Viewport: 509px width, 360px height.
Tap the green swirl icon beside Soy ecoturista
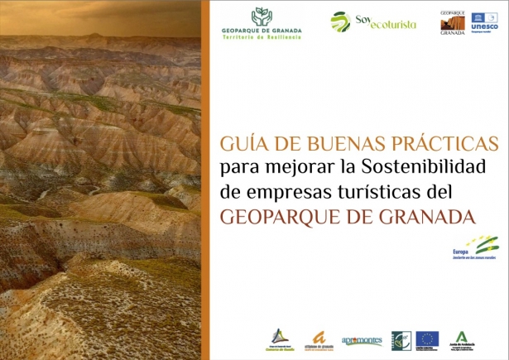(340, 22)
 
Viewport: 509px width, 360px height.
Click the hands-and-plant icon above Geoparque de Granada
(261, 17)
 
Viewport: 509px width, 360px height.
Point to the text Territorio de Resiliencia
(262, 38)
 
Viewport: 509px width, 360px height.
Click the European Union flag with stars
(427, 338)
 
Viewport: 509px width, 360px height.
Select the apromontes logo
(362, 340)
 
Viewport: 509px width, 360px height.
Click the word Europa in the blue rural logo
(460, 251)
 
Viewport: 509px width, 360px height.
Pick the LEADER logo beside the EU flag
(402, 338)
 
